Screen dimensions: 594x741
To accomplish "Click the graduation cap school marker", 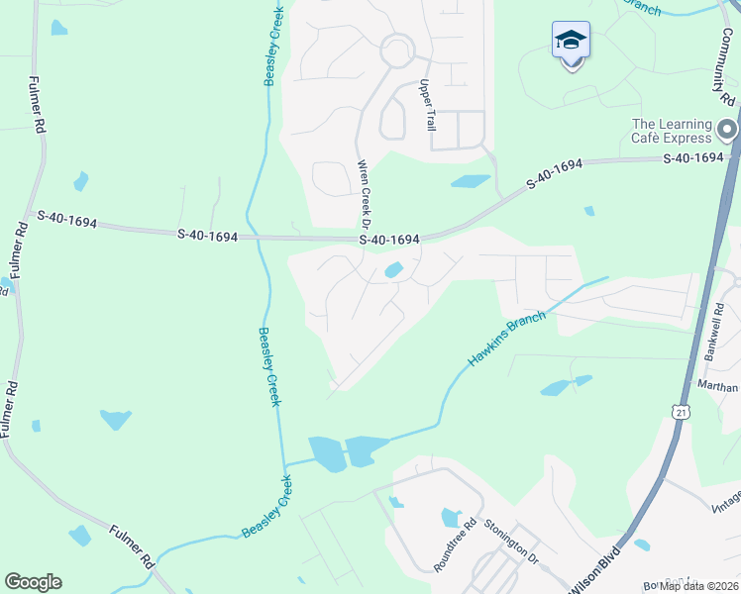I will point(571,41).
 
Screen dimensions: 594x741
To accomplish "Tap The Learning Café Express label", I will point(673,131).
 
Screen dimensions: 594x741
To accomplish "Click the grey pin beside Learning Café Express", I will point(727,130).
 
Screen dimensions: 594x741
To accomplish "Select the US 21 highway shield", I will point(679,410).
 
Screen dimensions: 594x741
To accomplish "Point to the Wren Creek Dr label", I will point(364,189).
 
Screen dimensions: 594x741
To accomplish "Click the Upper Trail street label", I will point(428,105).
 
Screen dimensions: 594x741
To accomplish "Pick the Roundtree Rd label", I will point(456,544).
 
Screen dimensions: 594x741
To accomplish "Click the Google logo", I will point(33,582).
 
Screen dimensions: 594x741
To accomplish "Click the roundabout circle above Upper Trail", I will point(397,49).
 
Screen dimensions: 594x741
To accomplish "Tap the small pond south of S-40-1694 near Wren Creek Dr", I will point(393,269).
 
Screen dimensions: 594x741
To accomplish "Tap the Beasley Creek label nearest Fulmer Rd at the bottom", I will point(266,508).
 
